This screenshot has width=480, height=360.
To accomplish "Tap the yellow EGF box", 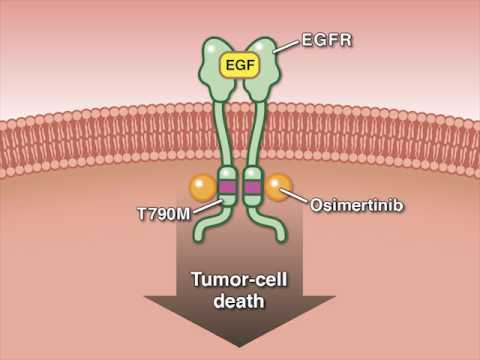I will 239,67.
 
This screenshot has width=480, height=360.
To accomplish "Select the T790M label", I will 163,213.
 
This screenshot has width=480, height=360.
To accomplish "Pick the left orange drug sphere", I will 203,187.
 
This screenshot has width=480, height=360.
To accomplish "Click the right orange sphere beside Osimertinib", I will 277,186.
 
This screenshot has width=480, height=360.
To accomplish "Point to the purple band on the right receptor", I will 253,187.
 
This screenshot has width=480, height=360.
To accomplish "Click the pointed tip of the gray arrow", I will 239,345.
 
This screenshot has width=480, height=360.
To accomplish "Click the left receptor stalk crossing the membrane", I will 224,135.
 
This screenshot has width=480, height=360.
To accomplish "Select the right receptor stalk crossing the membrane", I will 256,135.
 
